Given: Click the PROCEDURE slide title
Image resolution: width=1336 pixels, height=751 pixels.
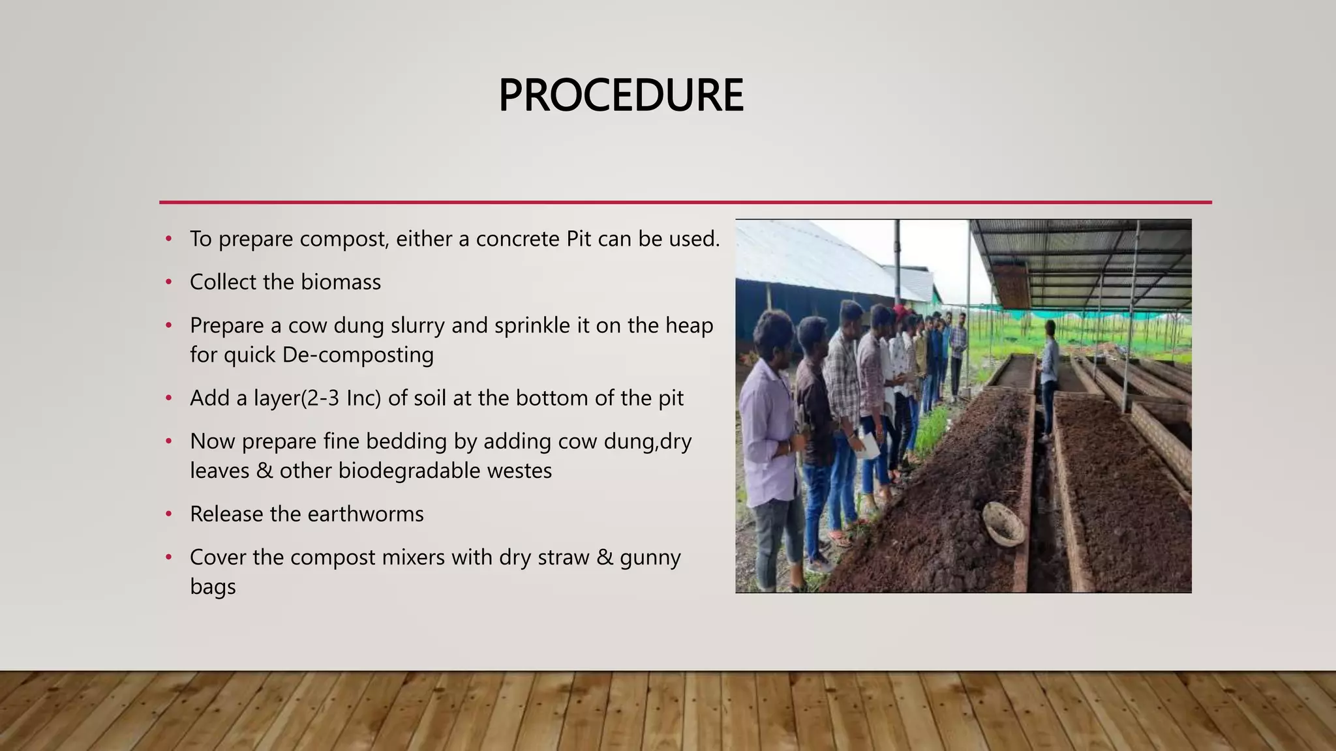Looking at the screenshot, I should pos(620,95).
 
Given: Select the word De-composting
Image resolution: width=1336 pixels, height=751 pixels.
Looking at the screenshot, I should pos(357,355).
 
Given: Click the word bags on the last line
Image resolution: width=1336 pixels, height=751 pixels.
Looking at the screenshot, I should pos(213,587).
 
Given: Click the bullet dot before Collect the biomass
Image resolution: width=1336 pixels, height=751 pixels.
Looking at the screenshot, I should pos(169,282).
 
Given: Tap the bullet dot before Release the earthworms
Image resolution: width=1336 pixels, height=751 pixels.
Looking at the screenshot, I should pos(169,514).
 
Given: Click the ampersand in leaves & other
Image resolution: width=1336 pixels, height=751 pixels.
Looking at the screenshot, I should pos(264,471).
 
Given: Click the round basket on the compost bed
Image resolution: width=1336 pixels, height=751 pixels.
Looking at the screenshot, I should pos(1003,523).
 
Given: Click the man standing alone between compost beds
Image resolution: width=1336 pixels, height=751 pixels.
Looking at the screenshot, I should pos(1049,378).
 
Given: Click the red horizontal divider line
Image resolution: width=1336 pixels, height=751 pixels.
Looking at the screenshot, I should pos(685,202).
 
